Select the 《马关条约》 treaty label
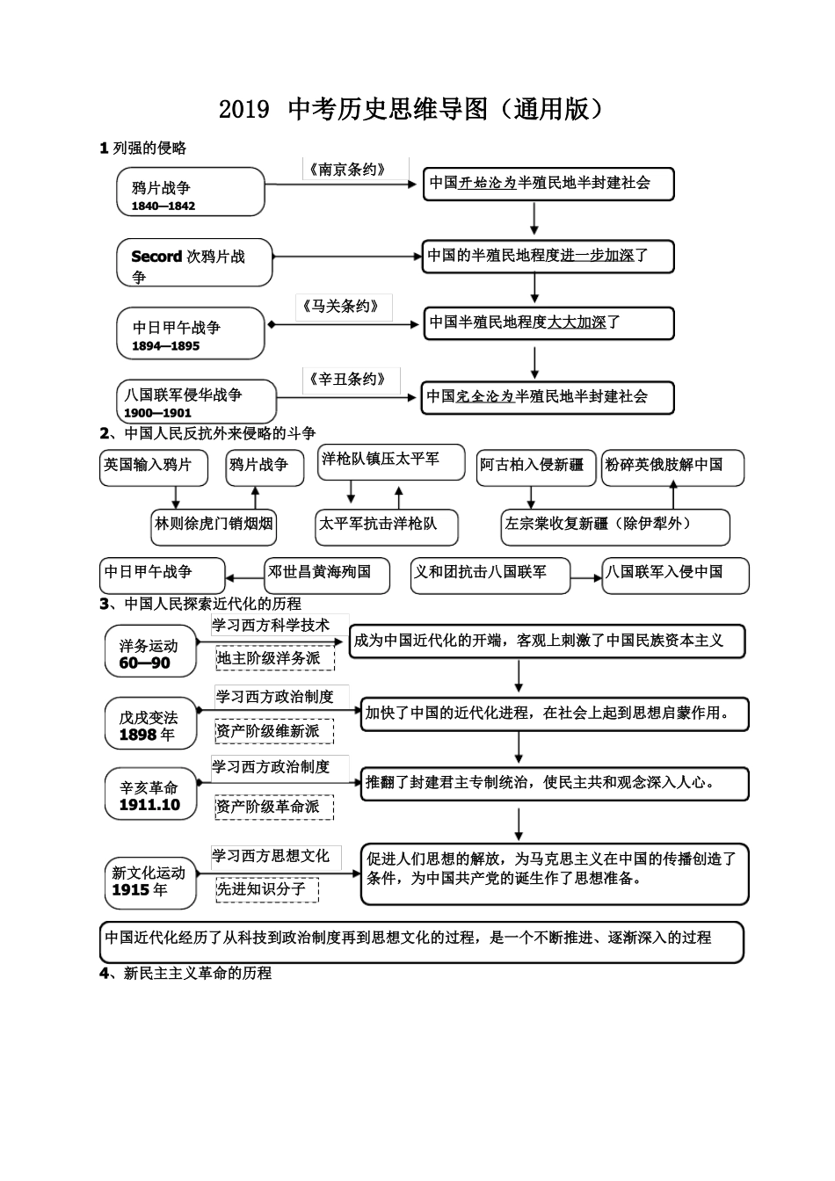tap(343, 307)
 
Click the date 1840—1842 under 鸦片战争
tap(163, 206)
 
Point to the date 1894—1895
tap(166, 346)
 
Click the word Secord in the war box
tap(156, 257)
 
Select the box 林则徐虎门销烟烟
tap(214, 525)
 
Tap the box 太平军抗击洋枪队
tap(378, 525)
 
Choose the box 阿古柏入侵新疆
tap(532, 465)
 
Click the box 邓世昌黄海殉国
tap(319, 572)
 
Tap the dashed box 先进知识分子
tap(261, 889)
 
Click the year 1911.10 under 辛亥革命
tap(149, 805)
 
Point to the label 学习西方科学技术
tap(271, 625)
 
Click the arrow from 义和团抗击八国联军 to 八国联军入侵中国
tap(584, 578)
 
